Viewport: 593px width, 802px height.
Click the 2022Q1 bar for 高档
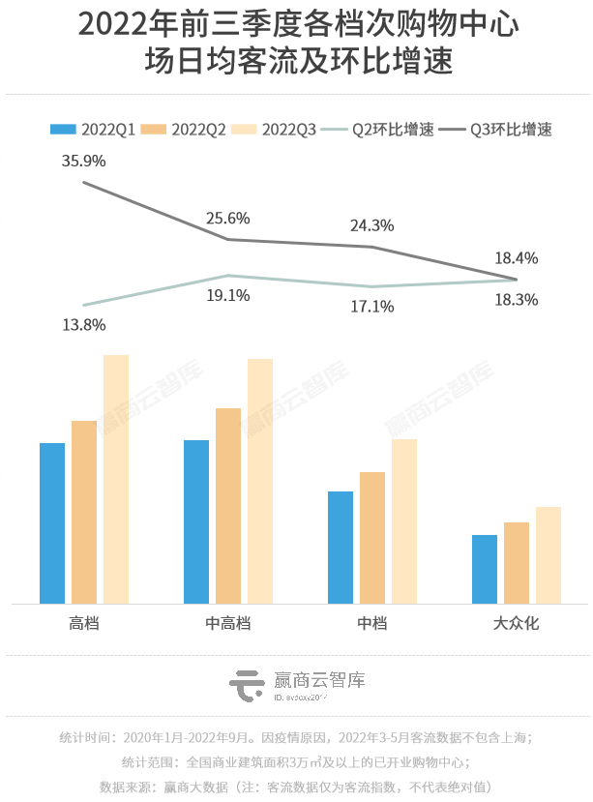[x=52, y=522]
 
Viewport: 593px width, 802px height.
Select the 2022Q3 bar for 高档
[x=116, y=479]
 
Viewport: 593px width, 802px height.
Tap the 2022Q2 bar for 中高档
[x=228, y=505]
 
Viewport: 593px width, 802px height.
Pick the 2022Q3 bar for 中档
[x=404, y=520]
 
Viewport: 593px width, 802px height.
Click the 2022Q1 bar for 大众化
[x=485, y=568]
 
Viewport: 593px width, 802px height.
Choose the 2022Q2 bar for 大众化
[x=517, y=562]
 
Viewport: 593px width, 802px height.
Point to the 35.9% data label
[x=83, y=162]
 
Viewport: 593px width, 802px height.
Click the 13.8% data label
[x=83, y=325]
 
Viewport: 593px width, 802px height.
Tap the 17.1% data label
[x=371, y=307]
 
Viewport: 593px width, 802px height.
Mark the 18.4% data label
[x=516, y=258]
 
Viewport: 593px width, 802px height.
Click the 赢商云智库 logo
[x=297, y=685]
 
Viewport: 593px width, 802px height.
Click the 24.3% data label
[x=371, y=225]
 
